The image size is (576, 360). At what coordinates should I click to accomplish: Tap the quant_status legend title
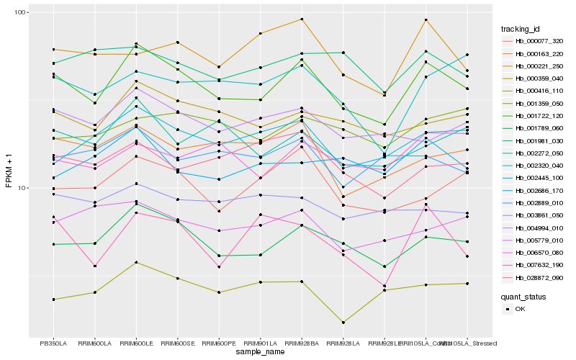[x=523, y=297]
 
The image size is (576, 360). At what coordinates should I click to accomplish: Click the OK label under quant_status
[x=521, y=309]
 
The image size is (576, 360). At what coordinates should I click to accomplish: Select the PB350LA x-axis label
[x=53, y=343]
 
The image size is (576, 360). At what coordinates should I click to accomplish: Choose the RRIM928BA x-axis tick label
[x=302, y=343]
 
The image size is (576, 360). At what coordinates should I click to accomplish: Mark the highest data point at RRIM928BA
[x=302, y=19]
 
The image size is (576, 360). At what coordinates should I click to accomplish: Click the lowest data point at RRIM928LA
[x=343, y=323]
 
